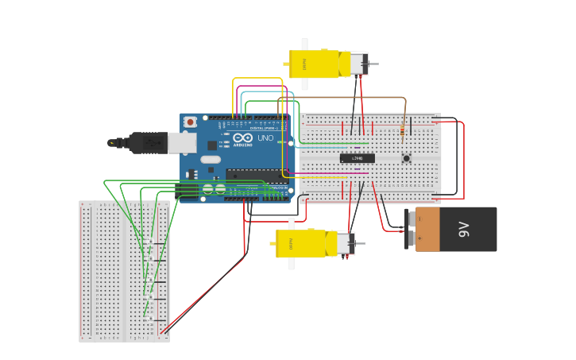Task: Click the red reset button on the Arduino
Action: pos(190,122)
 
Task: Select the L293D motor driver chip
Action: pos(357,158)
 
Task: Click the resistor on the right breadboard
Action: pos(404,130)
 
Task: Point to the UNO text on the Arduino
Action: pos(265,138)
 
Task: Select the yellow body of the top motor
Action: pos(318,64)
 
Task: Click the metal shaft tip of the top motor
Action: pos(375,64)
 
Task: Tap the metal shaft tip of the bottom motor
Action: pos(362,243)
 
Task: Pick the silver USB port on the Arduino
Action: pos(182,142)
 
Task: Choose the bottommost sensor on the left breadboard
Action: pos(149,316)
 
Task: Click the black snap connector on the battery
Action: pos(410,230)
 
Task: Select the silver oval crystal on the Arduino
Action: pos(211,159)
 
